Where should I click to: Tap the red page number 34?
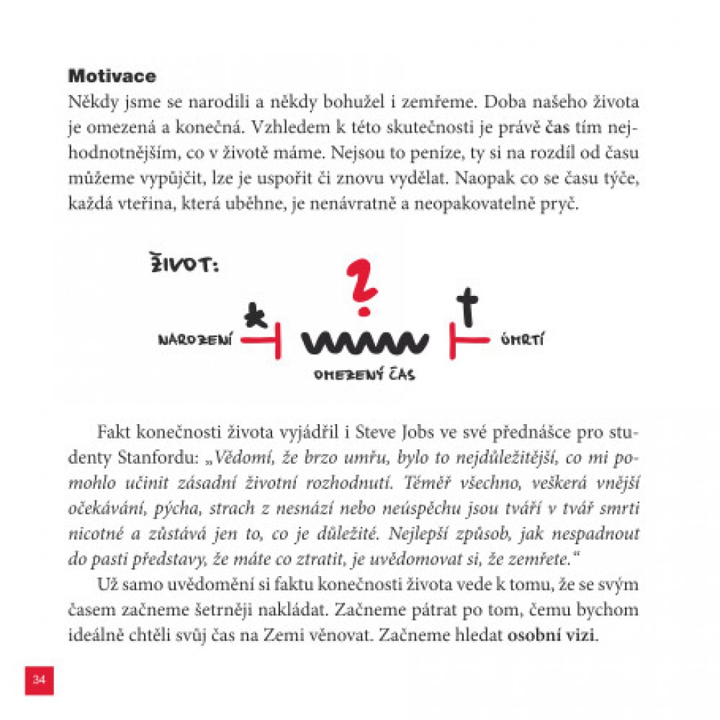point(39,680)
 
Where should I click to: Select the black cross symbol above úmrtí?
point(469,305)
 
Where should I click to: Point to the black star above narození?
point(253,315)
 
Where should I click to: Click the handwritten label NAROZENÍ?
point(195,341)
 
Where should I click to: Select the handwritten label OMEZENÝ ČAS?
point(364,375)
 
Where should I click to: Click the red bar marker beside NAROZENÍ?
point(262,341)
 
